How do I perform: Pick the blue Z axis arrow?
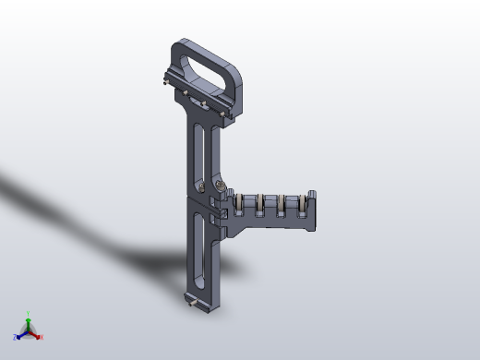click(x=20, y=333)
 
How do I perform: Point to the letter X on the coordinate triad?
click(x=42, y=338)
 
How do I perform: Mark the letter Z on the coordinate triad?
click(x=15, y=337)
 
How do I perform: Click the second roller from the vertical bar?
click(x=261, y=204)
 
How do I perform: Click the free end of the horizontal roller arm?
click(x=312, y=210)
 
